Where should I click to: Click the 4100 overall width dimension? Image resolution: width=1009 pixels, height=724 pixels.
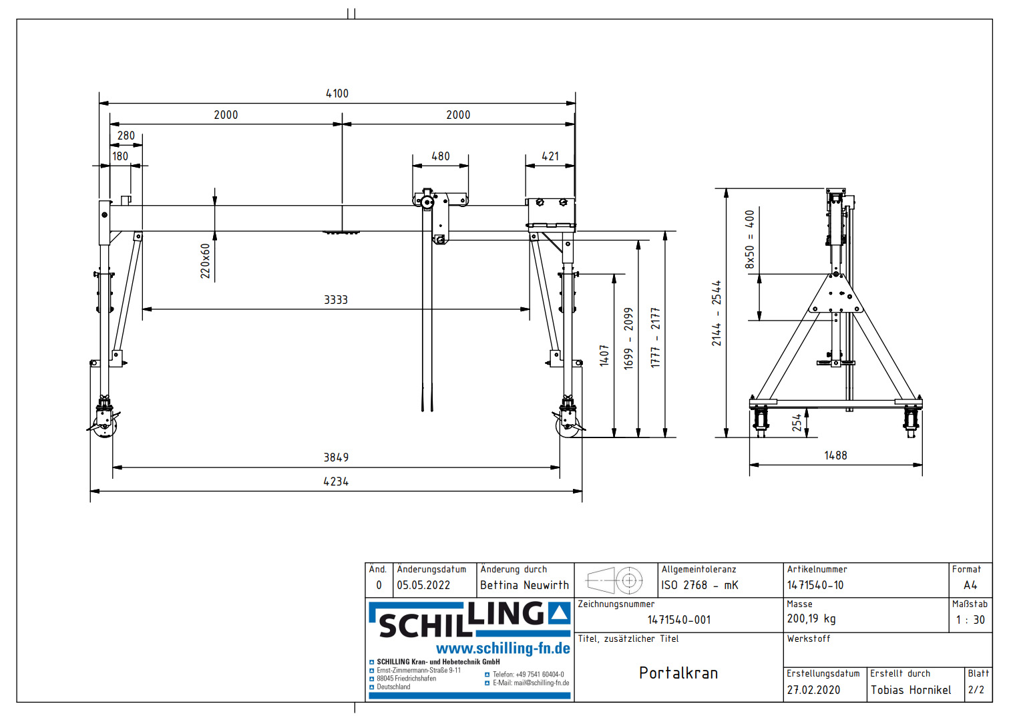(x=337, y=94)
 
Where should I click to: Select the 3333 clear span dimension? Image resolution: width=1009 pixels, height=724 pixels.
(x=336, y=300)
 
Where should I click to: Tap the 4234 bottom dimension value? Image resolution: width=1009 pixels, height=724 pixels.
(x=336, y=482)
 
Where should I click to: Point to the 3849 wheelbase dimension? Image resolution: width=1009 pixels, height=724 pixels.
(x=336, y=458)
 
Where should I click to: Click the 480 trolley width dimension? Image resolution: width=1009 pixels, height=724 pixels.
(x=441, y=156)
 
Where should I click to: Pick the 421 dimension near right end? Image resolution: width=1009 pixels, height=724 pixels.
(x=550, y=156)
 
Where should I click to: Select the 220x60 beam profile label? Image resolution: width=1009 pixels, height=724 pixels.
(x=206, y=260)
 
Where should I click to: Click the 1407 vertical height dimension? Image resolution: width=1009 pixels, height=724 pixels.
(x=604, y=355)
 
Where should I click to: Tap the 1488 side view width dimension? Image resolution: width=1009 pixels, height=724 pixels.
(x=835, y=456)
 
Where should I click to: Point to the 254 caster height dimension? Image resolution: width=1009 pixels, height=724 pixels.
(x=797, y=422)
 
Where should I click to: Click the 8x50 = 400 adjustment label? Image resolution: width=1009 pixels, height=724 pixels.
(x=750, y=240)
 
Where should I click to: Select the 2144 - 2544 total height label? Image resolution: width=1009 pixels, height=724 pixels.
(x=717, y=313)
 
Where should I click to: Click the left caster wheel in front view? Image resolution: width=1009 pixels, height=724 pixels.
(x=104, y=428)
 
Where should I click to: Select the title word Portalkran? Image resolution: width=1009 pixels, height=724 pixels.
(x=678, y=673)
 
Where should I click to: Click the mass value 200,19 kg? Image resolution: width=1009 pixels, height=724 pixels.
(x=811, y=619)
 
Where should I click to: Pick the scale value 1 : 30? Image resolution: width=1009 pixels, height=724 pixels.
(x=970, y=620)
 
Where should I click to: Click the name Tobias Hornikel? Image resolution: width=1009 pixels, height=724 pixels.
(x=911, y=690)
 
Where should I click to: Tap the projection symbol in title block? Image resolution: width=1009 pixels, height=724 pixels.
(x=615, y=580)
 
